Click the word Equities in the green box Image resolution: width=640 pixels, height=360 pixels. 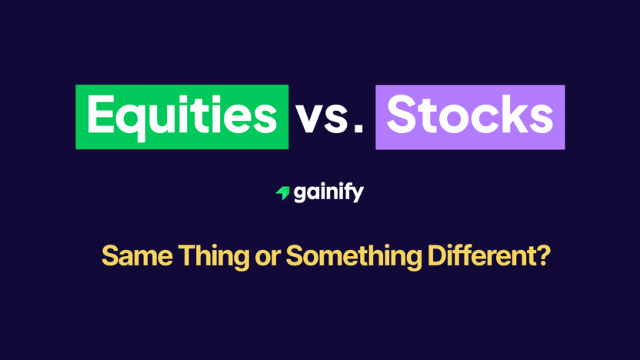click(182, 117)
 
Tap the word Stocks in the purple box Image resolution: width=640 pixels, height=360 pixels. click(469, 117)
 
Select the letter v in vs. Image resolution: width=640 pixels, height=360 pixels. click(308, 120)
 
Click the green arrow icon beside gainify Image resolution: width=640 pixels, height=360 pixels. click(282, 193)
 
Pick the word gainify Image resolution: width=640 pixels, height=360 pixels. click(328, 193)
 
